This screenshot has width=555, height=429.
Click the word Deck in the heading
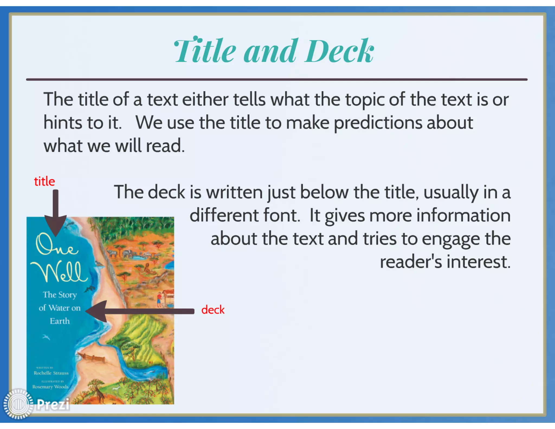point(339,51)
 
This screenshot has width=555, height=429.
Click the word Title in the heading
point(205,51)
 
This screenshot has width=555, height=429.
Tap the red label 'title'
point(44,181)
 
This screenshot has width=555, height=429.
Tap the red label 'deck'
point(213,310)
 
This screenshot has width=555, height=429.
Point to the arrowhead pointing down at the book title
point(56,225)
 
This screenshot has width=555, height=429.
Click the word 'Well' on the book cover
point(61,272)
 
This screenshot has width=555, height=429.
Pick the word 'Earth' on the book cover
point(60,321)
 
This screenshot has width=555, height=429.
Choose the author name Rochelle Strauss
point(51,373)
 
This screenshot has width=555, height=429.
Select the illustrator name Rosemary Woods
point(50,387)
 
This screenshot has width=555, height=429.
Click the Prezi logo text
point(53,404)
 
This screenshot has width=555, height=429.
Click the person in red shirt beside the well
point(159,298)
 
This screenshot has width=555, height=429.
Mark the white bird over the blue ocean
point(46,337)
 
